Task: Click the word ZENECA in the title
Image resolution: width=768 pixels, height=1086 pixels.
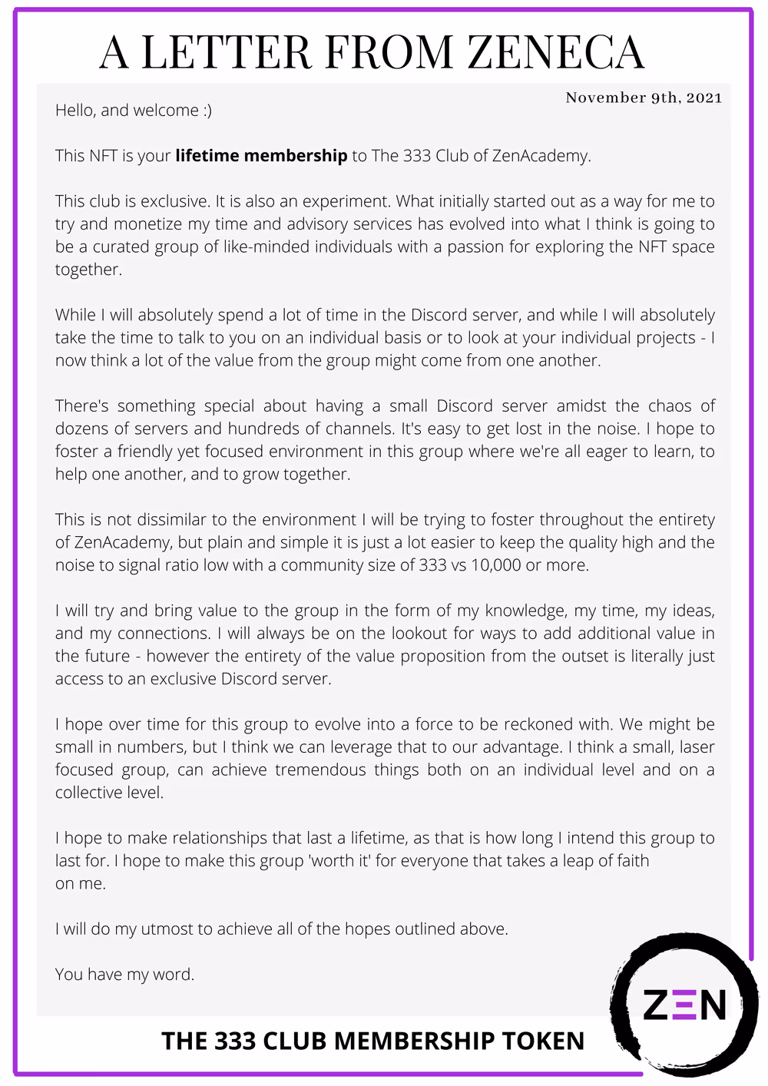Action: click(x=556, y=52)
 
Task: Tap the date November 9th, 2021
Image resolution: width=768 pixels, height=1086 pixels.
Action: click(x=644, y=98)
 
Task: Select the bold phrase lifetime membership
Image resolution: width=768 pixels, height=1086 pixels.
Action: click(x=261, y=156)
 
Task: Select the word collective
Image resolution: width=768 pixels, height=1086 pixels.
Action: click(x=87, y=793)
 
